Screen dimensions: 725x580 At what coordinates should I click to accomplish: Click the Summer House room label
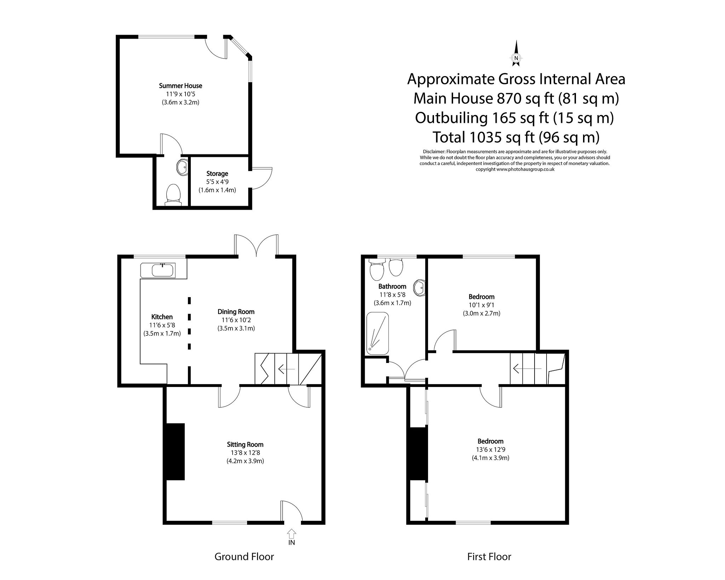pos(181,86)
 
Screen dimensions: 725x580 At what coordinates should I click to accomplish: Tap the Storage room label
pos(217,174)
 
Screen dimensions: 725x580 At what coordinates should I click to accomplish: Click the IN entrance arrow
pos(292,533)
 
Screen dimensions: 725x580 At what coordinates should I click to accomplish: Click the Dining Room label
pos(236,312)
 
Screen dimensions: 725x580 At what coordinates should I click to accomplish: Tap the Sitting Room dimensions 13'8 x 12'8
pos(245,453)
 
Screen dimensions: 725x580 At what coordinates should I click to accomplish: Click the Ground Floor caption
pos(244,557)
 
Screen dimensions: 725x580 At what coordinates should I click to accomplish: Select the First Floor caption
pos(489,557)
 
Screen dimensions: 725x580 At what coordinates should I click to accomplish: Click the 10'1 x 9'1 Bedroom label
pos(481,297)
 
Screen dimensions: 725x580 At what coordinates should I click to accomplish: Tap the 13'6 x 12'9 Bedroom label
pos(490,441)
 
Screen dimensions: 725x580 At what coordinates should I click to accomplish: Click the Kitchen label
pos(162,317)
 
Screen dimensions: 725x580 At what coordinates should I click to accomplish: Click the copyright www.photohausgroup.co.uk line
pos(515,169)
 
